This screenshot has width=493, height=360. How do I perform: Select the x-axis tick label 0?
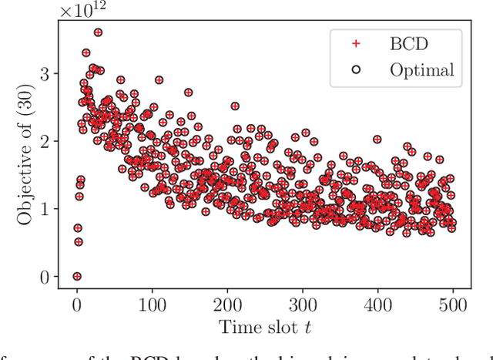point(76,306)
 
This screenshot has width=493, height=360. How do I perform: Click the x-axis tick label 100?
point(152,306)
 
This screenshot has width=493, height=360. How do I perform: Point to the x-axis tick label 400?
point(377,306)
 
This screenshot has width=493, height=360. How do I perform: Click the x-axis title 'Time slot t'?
point(264,328)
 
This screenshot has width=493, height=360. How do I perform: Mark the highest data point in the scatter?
point(98,32)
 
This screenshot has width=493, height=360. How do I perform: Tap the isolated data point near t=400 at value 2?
point(377,140)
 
